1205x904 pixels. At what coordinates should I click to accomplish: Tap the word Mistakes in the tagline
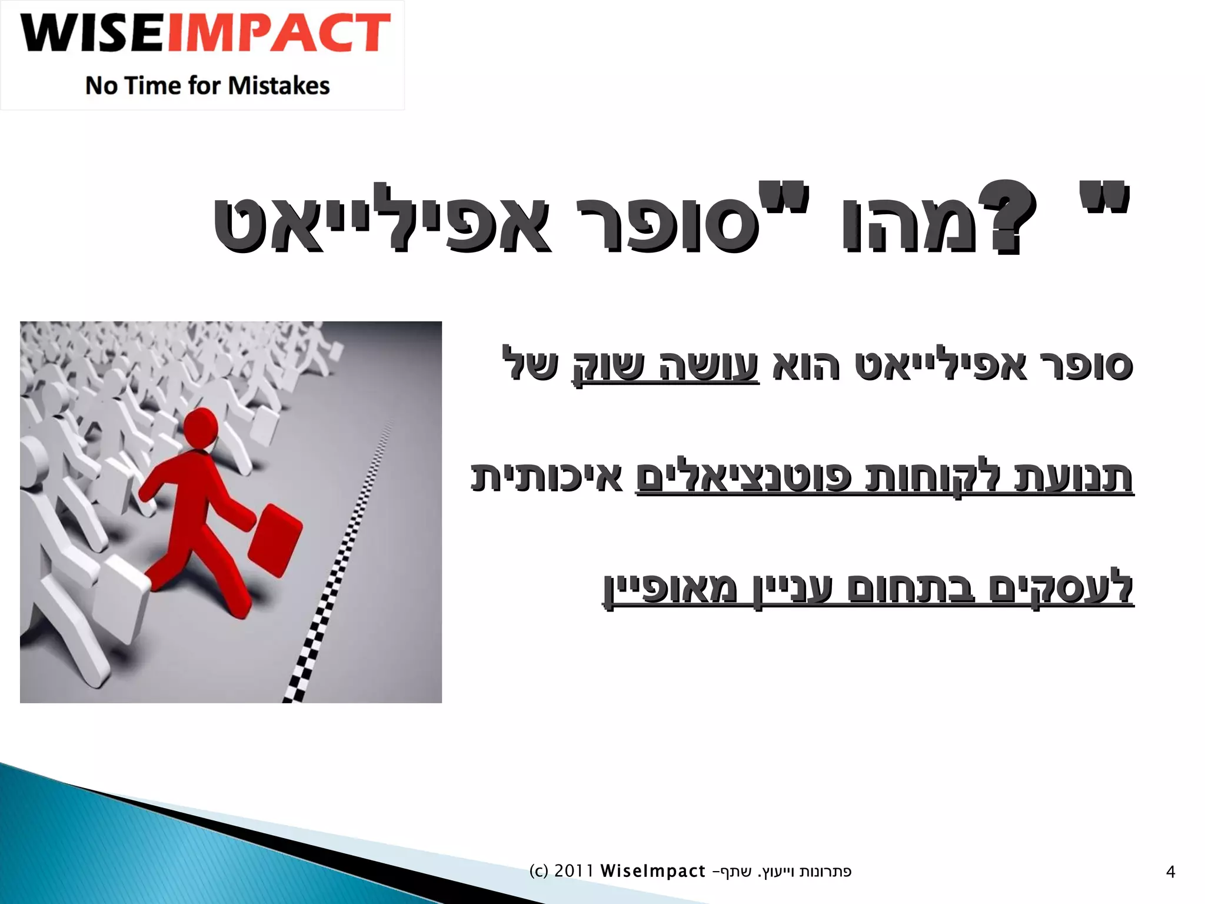279,86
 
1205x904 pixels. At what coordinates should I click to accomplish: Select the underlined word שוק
609,365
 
